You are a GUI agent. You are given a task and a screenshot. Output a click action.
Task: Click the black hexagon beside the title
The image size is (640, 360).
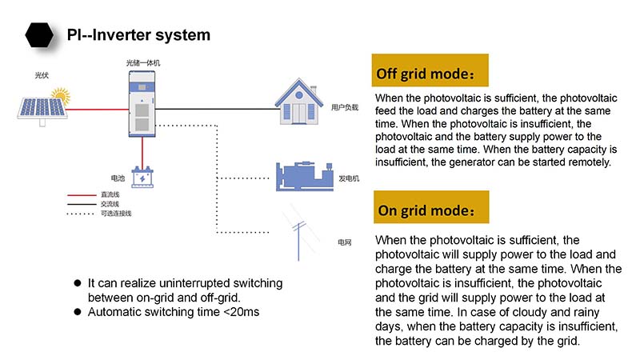pos(38,35)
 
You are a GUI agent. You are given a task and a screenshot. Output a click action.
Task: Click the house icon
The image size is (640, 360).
pos(298,100)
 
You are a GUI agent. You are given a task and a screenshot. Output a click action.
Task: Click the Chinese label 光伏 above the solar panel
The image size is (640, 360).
pos(42,75)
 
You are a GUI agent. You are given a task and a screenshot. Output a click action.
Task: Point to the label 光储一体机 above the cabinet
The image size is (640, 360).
pos(142,62)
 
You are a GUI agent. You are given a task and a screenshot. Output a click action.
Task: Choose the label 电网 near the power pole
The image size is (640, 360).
pos(345,241)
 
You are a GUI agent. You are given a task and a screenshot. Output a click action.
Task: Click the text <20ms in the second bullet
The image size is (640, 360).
pos(242,311)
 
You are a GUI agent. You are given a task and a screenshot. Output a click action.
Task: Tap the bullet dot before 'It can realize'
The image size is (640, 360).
pos(78,283)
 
